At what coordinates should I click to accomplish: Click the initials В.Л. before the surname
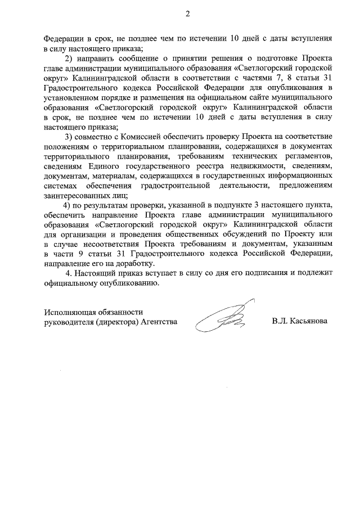click(x=279, y=322)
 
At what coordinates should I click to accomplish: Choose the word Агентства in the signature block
click(x=159, y=322)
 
